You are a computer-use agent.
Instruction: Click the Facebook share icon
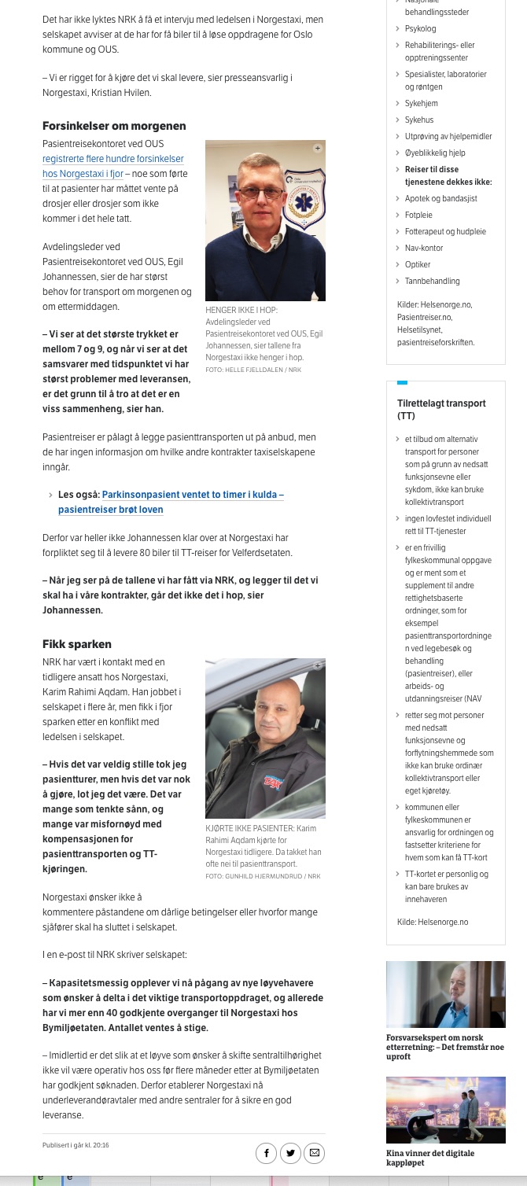267,1153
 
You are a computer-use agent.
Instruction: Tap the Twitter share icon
290,1153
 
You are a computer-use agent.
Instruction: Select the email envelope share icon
315,1153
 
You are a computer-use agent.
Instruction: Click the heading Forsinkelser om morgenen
114,126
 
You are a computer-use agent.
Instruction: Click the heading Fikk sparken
77,644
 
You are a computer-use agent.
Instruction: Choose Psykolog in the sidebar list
420,28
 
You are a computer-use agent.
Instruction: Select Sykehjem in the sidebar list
421,103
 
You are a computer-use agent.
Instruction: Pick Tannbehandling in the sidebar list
432,281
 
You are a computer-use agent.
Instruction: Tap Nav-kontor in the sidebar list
424,248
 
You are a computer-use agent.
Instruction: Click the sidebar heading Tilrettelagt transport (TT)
441,409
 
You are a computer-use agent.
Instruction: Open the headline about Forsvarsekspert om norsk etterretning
445,1047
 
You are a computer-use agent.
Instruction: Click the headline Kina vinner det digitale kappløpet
430,1158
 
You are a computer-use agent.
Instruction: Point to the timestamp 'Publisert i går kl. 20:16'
76,1145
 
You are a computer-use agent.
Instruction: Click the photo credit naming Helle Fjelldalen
252,369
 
